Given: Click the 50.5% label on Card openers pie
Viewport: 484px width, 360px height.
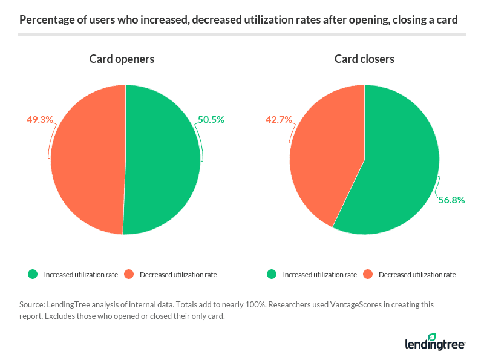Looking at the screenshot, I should point(211,120).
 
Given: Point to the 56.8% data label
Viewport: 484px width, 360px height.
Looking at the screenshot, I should point(451,200).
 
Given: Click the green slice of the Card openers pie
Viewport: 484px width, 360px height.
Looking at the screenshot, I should point(163,160).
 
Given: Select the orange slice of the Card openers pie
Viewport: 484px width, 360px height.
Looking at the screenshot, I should point(88,160).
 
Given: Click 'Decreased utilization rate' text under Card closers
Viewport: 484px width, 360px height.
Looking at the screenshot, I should point(417,275).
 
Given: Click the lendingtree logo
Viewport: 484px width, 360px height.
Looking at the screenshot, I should point(434,342).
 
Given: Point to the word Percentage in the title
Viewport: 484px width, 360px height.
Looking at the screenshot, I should point(46,20).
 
